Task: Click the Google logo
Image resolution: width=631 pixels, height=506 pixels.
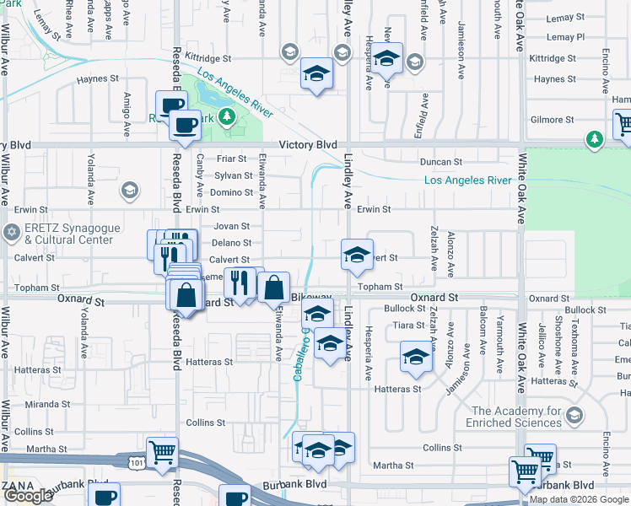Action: coord(28,497)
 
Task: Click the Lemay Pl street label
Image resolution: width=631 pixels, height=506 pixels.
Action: coord(565,37)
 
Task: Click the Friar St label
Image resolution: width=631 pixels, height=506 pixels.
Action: coord(230,159)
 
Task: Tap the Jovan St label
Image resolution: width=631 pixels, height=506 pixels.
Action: coord(232,226)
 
